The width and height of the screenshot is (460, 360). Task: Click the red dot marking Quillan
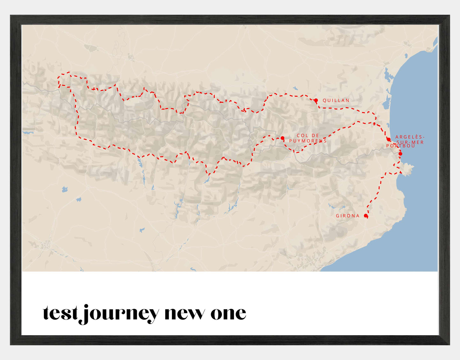pyautogui.click(x=316, y=100)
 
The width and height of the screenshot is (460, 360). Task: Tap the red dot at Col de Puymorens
pyautogui.click(x=282, y=138)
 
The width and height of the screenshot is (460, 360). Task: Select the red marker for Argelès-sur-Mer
pyautogui.click(x=388, y=139)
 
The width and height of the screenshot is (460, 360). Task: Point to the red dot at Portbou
pyautogui.click(x=400, y=154)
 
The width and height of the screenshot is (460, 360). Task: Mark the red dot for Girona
pyautogui.click(x=366, y=216)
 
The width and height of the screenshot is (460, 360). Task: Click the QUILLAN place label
pyautogui.click(x=336, y=100)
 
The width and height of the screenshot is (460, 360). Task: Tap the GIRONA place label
pyautogui.click(x=348, y=216)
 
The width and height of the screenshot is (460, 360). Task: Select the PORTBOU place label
pyautogui.click(x=400, y=146)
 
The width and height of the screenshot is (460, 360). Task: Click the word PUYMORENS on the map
pyautogui.click(x=308, y=141)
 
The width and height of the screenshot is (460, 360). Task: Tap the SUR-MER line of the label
pyautogui.click(x=410, y=142)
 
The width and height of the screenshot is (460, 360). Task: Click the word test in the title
pyautogui.click(x=60, y=313)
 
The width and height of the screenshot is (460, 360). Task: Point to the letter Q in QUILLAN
pyautogui.click(x=325, y=100)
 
